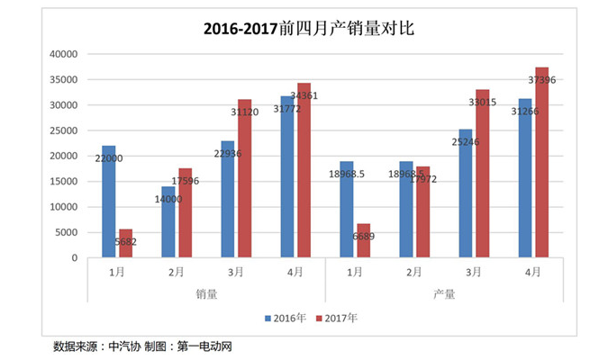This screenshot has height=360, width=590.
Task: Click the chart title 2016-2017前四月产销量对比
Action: [x=295, y=28]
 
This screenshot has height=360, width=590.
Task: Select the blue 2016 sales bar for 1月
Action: [x=109, y=202]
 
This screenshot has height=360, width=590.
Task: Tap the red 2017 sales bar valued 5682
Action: [x=126, y=243]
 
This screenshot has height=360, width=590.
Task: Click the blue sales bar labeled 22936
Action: [x=228, y=199]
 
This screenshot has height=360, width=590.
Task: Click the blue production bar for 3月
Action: [x=465, y=193]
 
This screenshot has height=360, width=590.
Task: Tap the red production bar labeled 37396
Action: [x=541, y=162]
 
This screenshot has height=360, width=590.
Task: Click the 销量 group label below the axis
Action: [x=206, y=293]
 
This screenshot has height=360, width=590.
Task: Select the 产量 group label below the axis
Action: [x=444, y=293]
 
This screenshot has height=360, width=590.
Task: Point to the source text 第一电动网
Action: [x=203, y=346]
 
